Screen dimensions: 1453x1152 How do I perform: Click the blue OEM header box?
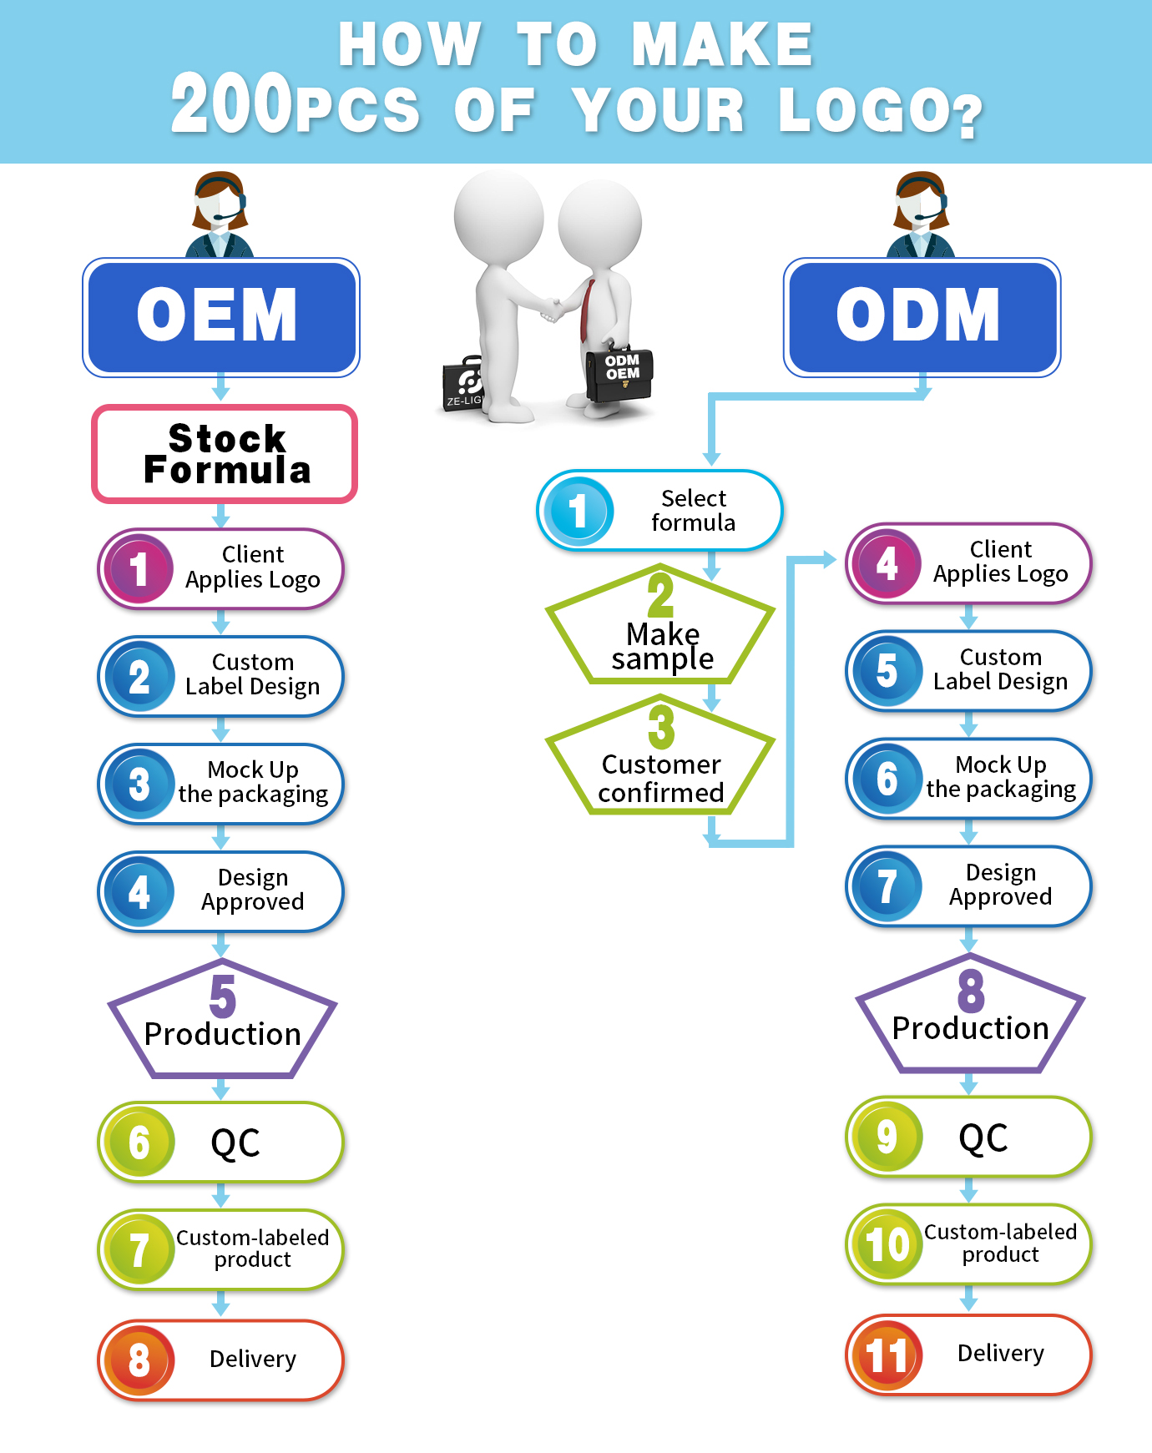220,317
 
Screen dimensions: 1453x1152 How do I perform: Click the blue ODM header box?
922,317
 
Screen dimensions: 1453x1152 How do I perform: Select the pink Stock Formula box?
225,454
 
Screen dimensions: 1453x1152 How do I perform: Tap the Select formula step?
659,510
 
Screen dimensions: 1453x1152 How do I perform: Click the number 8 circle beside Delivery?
139,1360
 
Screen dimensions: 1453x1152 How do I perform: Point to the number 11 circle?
886,1355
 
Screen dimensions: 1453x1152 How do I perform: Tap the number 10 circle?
886,1244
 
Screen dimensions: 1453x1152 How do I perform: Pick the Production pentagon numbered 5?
222,1023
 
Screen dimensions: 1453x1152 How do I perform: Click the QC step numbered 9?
968,1137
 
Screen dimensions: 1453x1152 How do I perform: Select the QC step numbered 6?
220,1142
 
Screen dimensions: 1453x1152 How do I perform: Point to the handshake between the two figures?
550,309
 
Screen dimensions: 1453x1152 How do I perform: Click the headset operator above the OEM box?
220,214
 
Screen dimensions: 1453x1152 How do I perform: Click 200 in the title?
231,104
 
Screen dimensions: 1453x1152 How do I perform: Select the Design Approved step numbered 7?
968,885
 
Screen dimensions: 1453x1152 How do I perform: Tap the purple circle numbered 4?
887,563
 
